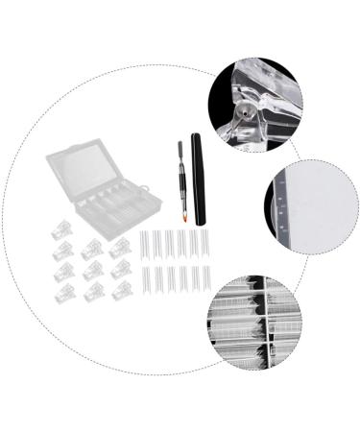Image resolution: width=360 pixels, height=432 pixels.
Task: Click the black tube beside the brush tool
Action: pyautogui.click(x=199, y=179)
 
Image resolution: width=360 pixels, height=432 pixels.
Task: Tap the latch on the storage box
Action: pyautogui.click(x=144, y=188)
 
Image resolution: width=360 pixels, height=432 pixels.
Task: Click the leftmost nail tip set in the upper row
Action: pyautogui.click(x=145, y=243)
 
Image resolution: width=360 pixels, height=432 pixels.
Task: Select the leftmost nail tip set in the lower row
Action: pyautogui.click(x=145, y=278)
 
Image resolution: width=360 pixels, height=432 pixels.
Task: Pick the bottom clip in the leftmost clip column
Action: pyautogui.click(x=64, y=294)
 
